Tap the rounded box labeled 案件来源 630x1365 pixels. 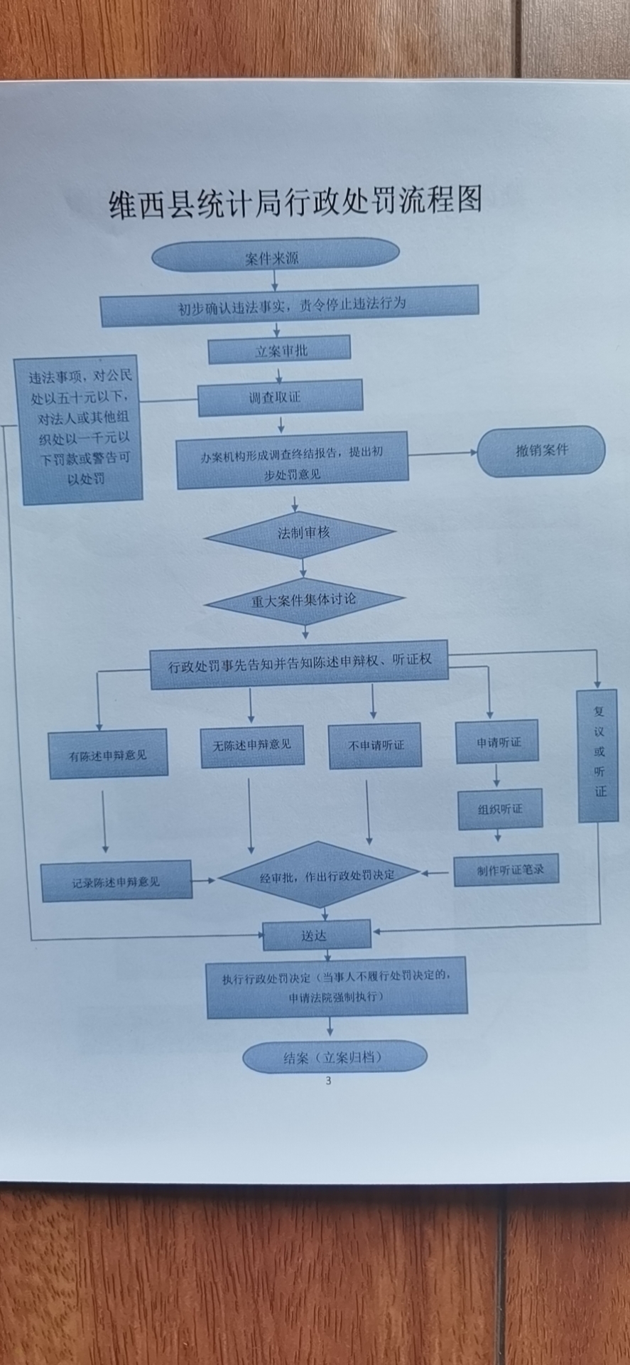[275, 255]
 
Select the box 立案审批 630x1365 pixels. [279, 350]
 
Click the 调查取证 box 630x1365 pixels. [280, 397]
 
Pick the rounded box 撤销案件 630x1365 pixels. [541, 451]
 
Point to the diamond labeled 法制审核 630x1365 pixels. [301, 533]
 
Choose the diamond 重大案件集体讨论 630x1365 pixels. [304, 601]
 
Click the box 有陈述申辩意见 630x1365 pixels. [108, 754]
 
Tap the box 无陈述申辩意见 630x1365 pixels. [252, 746]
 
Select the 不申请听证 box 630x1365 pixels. [375, 746]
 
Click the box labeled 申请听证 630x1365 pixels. [497, 742]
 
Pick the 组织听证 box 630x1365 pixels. [500, 809]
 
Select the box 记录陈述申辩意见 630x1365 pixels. [116, 882]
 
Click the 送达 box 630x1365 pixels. [317, 936]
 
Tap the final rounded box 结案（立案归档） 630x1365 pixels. [334, 1057]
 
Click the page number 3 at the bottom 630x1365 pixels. [328, 1081]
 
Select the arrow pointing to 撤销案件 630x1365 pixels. [443, 453]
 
